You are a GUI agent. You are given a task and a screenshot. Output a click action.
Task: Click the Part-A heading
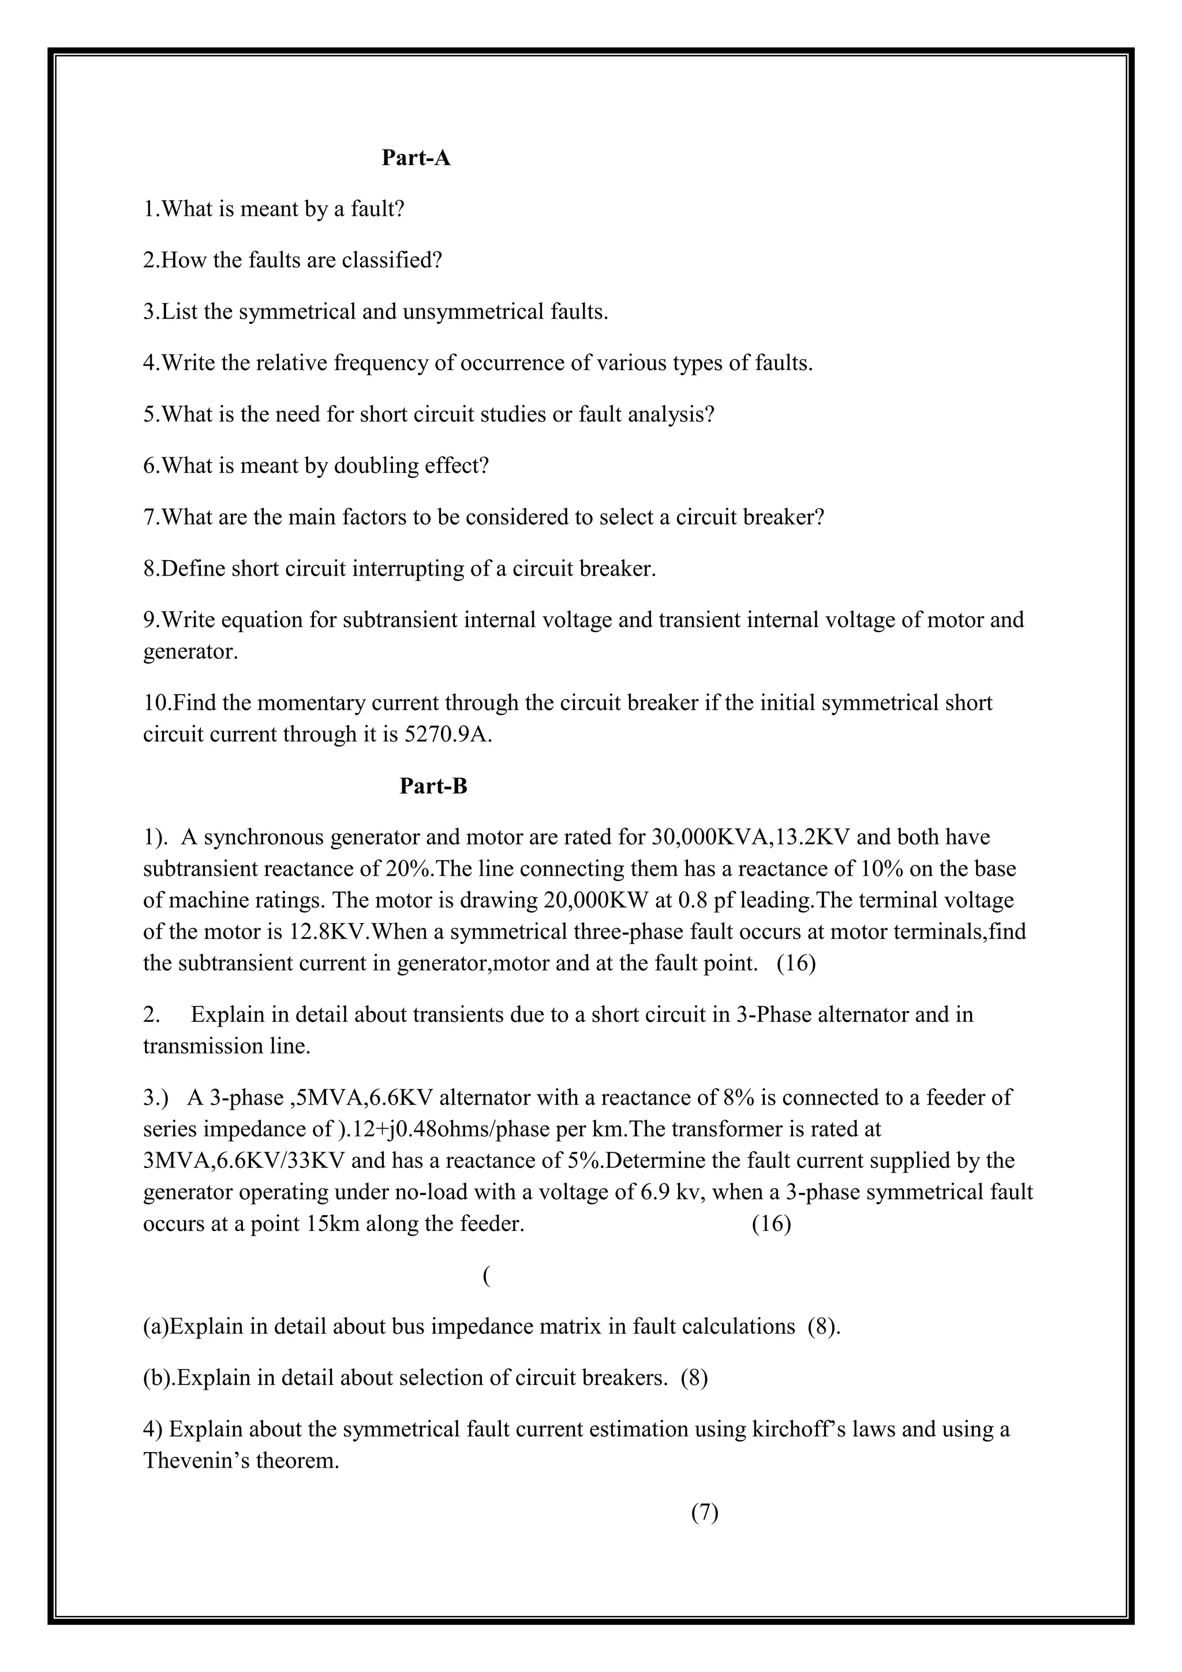click(x=416, y=158)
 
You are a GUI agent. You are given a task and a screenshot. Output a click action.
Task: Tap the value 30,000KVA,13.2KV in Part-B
click(x=750, y=838)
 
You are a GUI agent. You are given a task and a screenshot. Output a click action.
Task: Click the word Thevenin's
click(x=195, y=1461)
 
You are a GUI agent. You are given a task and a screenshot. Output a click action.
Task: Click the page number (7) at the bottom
click(x=705, y=1513)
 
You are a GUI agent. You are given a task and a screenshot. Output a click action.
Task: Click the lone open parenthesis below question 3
click(x=485, y=1275)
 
